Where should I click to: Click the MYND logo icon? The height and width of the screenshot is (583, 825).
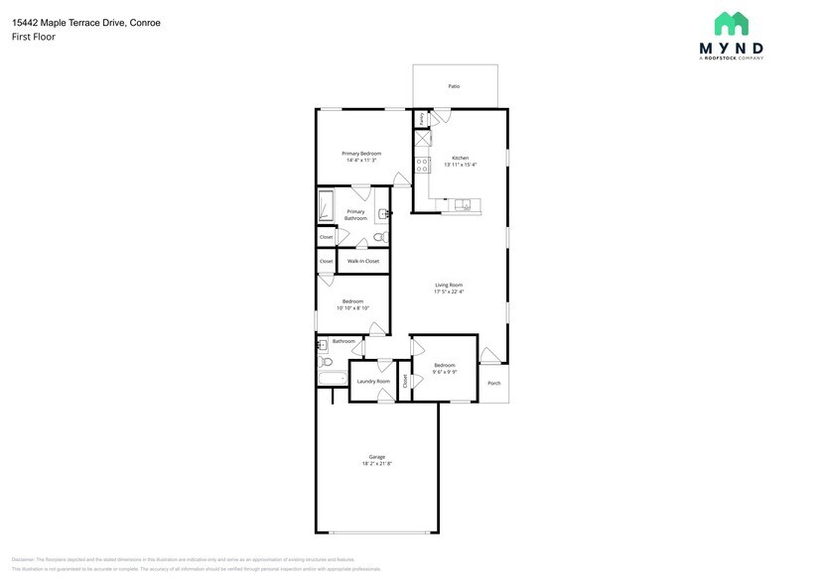pyautogui.click(x=732, y=24)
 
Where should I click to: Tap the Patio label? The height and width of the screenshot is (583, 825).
pyautogui.click(x=454, y=86)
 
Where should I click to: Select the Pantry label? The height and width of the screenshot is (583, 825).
pyautogui.click(x=422, y=118)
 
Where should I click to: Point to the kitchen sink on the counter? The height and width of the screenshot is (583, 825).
pyautogui.click(x=464, y=205)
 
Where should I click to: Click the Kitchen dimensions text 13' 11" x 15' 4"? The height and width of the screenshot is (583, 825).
pyautogui.click(x=460, y=165)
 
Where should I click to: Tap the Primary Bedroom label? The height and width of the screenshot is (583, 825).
pyautogui.click(x=361, y=154)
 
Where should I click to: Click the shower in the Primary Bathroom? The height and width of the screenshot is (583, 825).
pyautogui.click(x=326, y=208)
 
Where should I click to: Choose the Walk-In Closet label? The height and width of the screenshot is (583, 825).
pyautogui.click(x=362, y=261)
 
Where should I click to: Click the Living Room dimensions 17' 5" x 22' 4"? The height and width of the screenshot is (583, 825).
pyautogui.click(x=449, y=291)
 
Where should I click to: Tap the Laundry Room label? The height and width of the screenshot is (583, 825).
pyautogui.click(x=373, y=381)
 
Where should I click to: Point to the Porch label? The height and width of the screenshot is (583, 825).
pyautogui.click(x=493, y=383)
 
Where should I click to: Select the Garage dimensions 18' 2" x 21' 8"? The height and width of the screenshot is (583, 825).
pyautogui.click(x=377, y=463)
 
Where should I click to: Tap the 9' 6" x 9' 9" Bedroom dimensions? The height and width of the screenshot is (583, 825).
pyautogui.click(x=444, y=372)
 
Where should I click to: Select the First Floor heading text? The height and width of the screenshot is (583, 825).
pyautogui.click(x=34, y=37)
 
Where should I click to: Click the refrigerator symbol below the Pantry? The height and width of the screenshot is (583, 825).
pyautogui.click(x=422, y=138)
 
